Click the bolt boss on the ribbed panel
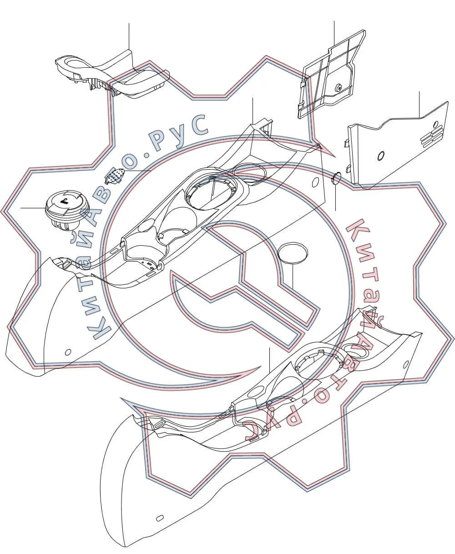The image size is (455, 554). [x=339, y=87]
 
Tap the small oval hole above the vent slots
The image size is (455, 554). [x=436, y=123]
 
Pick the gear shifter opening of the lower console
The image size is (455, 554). [x=319, y=366]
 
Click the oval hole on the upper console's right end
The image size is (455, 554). [x=315, y=182]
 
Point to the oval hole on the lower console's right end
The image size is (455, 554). [x=406, y=364]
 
